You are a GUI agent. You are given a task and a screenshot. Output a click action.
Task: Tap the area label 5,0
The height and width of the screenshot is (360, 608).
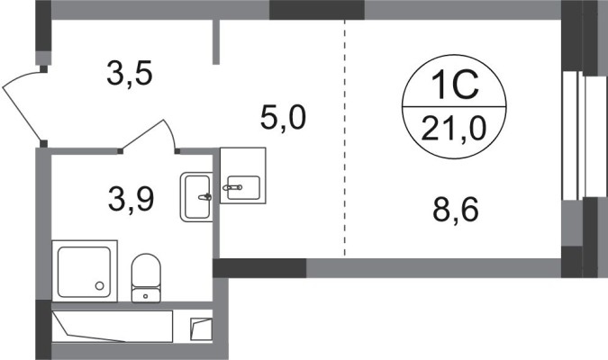point(283,117)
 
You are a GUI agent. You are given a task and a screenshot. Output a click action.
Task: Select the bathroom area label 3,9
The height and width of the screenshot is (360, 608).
point(132,199)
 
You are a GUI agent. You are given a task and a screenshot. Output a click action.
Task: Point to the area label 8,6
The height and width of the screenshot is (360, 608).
point(456,209)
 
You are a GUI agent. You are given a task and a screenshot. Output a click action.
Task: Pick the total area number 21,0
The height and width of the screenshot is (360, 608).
point(454,129)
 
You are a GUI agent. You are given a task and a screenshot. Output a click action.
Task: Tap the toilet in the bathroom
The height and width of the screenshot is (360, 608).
point(146,278)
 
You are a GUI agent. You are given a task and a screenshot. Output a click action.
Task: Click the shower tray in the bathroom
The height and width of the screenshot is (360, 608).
point(85,271)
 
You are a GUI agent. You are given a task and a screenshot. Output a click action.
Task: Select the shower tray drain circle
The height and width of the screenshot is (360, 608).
point(100,285)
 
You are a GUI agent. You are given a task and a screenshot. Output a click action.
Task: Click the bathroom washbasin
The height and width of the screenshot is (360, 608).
point(196,197)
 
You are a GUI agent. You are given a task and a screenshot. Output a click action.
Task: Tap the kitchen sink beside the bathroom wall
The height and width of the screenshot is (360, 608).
point(243,175)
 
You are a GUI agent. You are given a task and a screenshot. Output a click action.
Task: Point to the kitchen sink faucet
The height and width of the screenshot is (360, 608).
point(232,187)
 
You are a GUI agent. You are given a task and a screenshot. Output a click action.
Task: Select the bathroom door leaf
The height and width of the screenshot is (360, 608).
point(142,135)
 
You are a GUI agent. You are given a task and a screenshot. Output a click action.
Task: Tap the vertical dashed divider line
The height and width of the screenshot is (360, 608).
point(344,138)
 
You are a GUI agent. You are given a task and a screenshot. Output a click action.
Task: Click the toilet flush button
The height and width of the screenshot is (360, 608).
point(145,296)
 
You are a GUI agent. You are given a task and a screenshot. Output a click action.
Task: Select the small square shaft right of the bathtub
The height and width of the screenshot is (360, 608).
point(201,329)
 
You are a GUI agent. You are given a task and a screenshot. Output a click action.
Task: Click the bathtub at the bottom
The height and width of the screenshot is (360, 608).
point(112,327)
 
